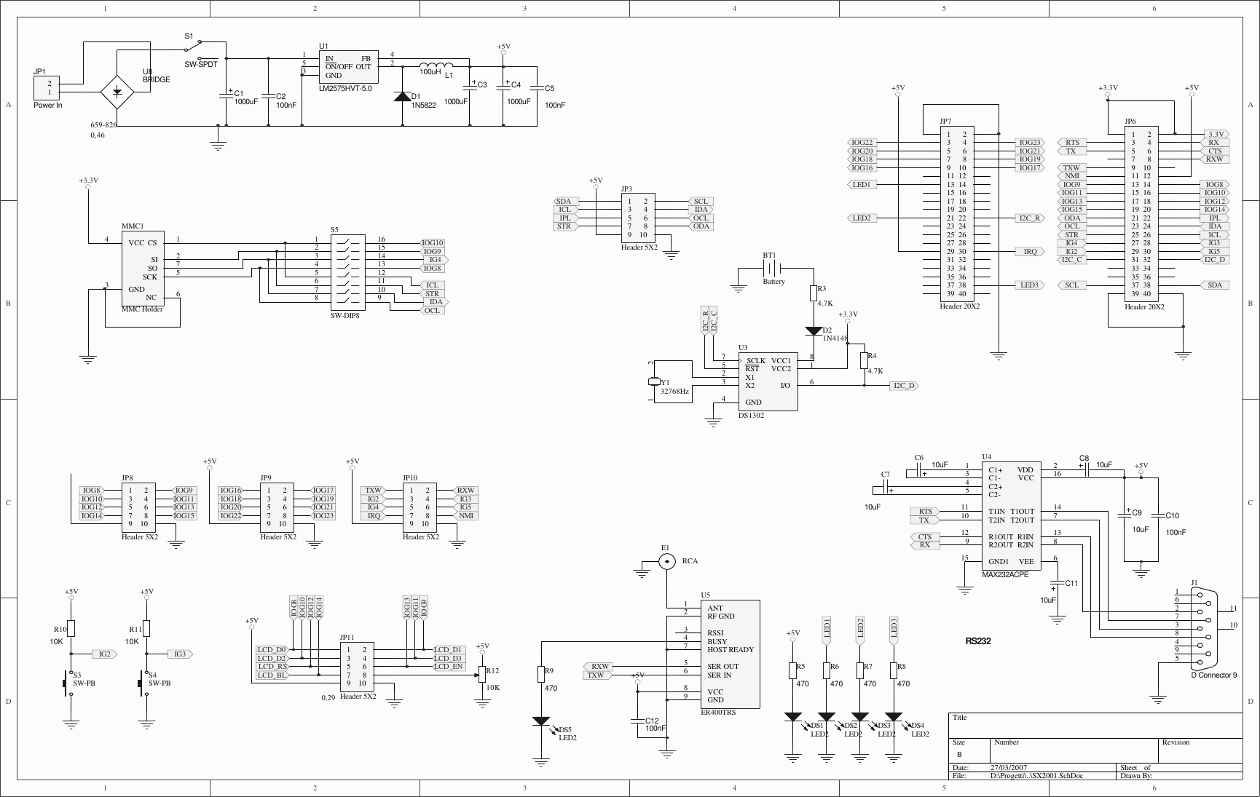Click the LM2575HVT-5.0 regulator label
point(345,88)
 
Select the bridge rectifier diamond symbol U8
point(117,92)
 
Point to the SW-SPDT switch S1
point(200,49)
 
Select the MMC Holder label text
point(142,309)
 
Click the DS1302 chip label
point(751,416)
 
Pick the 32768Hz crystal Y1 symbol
point(653,382)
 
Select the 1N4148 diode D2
point(814,331)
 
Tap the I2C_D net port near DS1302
point(903,386)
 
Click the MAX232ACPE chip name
point(1005,574)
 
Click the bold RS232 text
point(977,641)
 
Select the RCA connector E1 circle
point(667,561)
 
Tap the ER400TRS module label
point(718,713)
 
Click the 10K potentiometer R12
point(481,675)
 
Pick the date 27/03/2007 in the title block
point(1009,767)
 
